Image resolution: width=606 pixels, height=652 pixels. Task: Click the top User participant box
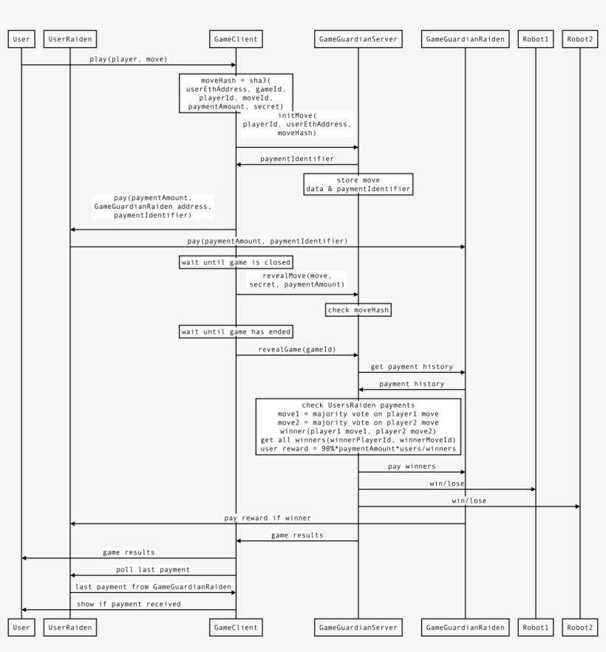pyautogui.click(x=21, y=39)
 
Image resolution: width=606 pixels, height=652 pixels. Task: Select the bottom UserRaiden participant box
pyautogui.click(x=70, y=628)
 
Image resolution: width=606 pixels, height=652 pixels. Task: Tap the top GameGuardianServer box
pyautogui.click(x=358, y=39)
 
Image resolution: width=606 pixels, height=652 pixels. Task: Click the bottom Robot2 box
pyautogui.click(x=580, y=628)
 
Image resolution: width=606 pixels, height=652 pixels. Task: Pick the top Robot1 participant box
pyautogui.click(x=535, y=39)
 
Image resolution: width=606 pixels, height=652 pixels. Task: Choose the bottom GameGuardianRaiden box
pyautogui.click(x=466, y=628)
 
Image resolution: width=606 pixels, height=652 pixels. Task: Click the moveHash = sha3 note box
pyautogui.click(x=236, y=92)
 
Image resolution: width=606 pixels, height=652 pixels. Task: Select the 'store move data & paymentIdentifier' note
pyautogui.click(x=358, y=185)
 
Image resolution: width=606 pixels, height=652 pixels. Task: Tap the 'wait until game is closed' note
pyautogui.click(x=236, y=261)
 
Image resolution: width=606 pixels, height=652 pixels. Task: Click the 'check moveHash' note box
pyautogui.click(x=358, y=310)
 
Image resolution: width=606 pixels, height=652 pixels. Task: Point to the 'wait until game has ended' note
pyautogui.click(x=236, y=332)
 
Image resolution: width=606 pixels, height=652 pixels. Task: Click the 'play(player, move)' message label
pyautogui.click(x=129, y=58)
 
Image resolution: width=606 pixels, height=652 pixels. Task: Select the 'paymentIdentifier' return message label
pyautogui.click(x=296, y=158)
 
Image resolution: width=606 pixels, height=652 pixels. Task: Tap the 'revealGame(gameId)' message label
pyautogui.click(x=297, y=349)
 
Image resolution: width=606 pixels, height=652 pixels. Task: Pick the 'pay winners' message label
pyautogui.click(x=411, y=466)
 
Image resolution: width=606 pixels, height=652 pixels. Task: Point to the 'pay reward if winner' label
pyautogui.click(x=268, y=518)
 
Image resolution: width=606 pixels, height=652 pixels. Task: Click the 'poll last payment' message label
pyautogui.click(x=153, y=569)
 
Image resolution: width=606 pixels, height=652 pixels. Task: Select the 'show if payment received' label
pyautogui.click(x=129, y=603)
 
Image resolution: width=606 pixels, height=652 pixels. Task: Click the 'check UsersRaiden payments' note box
pyautogui.click(x=358, y=426)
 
